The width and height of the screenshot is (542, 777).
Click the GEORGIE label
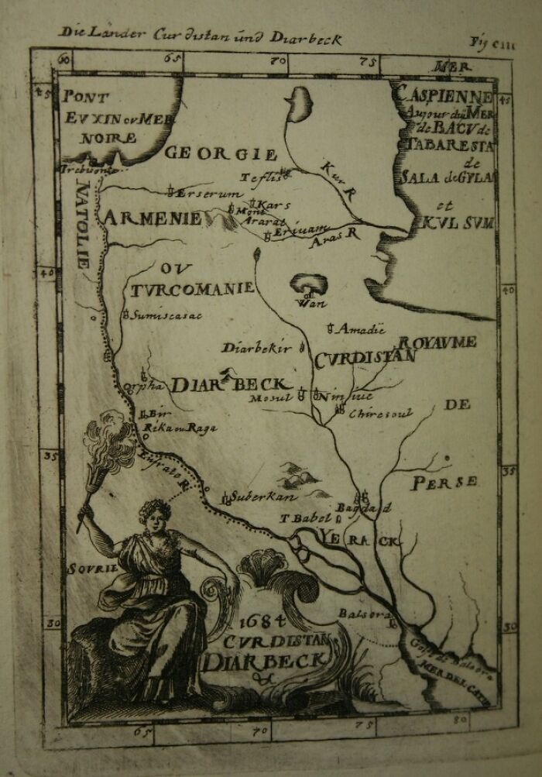pyautogui.click(x=221, y=154)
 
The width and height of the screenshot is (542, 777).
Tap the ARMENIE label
pyautogui.click(x=152, y=218)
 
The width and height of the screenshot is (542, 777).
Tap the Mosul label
pyautogui.click(x=270, y=398)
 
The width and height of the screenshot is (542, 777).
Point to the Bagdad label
pyautogui.click(x=371, y=507)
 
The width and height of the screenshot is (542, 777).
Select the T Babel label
pyautogui.click(x=305, y=518)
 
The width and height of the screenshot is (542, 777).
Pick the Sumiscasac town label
pyautogui.click(x=165, y=315)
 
